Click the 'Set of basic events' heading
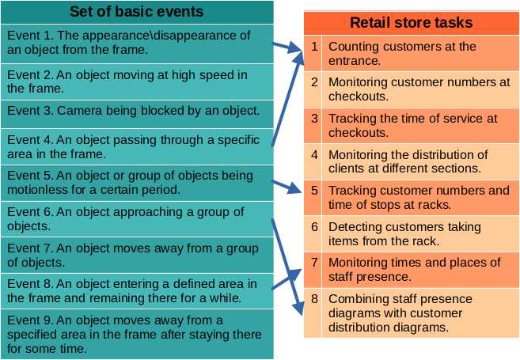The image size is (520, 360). pos(137,11)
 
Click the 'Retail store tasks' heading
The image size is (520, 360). pos(411,22)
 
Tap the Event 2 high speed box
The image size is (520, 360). pos(137,81)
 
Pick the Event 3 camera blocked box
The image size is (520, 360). pos(137,111)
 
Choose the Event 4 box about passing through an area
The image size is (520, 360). pos(137,146)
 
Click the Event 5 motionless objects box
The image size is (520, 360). pos(137,183)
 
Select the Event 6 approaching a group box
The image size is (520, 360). pos(137,219)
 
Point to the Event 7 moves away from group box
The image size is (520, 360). pos(137,256)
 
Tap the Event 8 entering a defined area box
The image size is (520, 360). pos(137,291)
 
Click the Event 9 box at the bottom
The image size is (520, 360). pos(137,334)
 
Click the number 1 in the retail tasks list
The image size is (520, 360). pos(314,46)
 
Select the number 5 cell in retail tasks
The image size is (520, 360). pos(314,191)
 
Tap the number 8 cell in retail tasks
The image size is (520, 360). pos(314,299)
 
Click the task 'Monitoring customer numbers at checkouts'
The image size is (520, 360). pos(419,89)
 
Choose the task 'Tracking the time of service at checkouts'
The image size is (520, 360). pos(419,125)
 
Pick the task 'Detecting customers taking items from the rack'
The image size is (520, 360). pos(419,233)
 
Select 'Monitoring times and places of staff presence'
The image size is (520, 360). pos(419,269)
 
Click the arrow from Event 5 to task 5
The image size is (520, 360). pos(287,185)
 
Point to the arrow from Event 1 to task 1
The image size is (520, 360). pos(288,49)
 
